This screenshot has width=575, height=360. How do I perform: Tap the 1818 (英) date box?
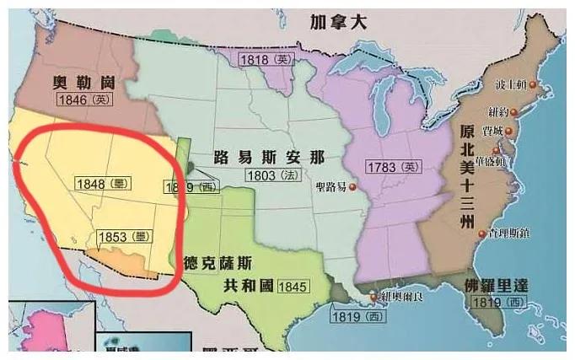266,59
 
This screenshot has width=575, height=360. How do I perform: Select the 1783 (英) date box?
392,167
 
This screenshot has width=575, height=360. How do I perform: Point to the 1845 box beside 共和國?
293,286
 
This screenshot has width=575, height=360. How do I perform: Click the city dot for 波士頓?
533,84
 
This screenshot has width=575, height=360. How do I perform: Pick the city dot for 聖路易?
353,187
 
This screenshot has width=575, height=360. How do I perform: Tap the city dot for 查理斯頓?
481,234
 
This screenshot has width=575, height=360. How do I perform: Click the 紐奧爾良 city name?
398,297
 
